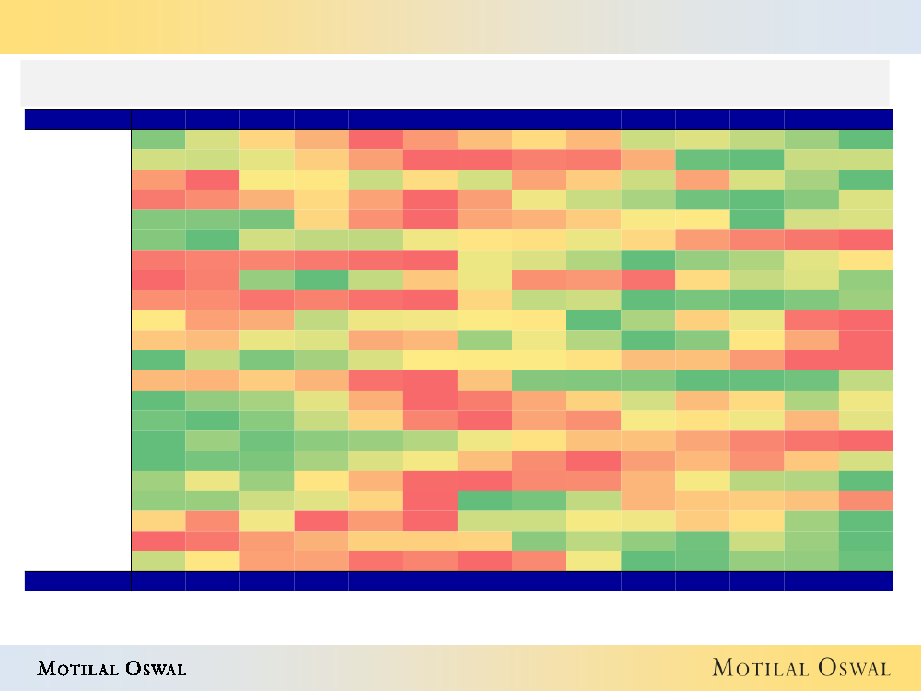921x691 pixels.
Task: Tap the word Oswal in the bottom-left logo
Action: point(154,668)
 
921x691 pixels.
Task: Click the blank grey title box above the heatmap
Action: point(455,83)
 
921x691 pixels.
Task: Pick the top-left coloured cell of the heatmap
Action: point(158,139)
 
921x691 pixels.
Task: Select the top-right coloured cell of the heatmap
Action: point(866,139)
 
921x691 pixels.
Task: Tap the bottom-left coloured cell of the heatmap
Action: point(158,561)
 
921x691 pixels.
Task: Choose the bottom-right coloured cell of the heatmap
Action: point(866,561)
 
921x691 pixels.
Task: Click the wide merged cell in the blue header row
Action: point(484,119)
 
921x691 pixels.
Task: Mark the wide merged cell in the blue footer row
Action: point(484,580)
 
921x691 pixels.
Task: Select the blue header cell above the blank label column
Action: point(77,119)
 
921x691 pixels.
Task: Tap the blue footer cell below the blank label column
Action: point(77,580)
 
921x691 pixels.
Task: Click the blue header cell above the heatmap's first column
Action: point(158,119)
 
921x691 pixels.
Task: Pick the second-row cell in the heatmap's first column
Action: point(158,159)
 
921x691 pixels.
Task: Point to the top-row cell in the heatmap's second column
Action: point(213,139)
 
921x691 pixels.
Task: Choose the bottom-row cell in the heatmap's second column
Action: point(213,561)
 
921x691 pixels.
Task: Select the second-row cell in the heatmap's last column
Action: point(866,159)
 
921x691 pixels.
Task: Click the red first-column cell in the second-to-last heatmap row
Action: point(158,541)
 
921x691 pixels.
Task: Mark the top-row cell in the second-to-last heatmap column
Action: point(811,139)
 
